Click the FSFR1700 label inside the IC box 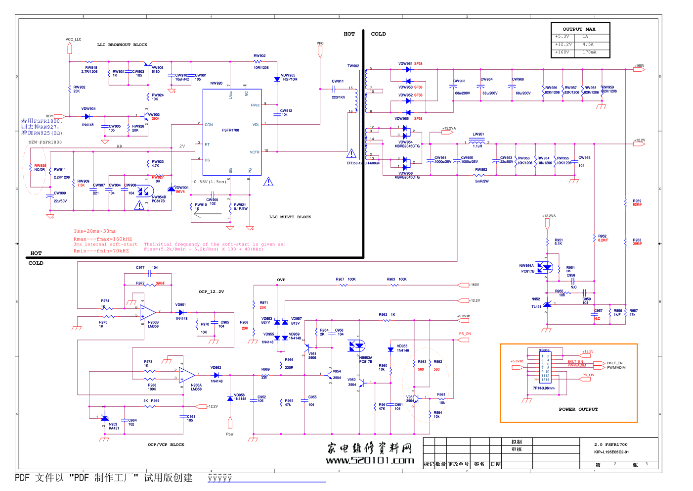[230, 130]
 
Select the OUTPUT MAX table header [579, 29]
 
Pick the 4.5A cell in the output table [588, 44]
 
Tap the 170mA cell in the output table [589, 52]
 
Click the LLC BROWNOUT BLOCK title [122, 45]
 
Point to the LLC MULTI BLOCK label [290, 217]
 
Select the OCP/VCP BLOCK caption [166, 444]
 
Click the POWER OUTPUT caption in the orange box [578, 409]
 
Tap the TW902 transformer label [353, 66]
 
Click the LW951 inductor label [478, 134]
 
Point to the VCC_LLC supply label [73, 40]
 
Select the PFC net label [320, 44]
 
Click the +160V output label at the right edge [639, 65]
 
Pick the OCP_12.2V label [212, 292]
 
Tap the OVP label [281, 280]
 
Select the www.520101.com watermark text [370, 460]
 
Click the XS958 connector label [544, 350]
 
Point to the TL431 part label [536, 307]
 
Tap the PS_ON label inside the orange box [588, 375]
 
